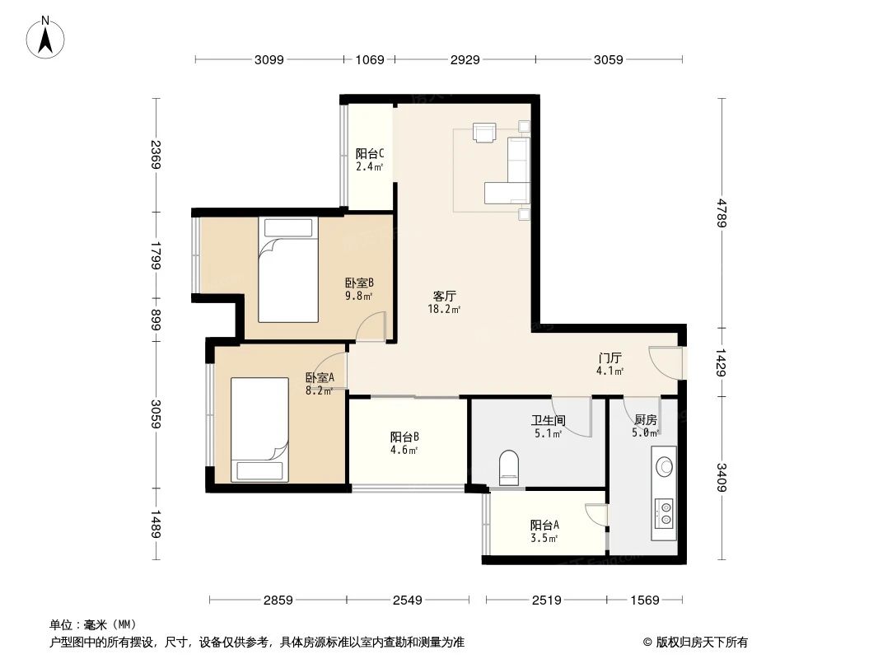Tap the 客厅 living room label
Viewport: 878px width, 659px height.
pos(445,296)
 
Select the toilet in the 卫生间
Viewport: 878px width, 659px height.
pos(511,465)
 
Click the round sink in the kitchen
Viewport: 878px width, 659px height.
pos(663,467)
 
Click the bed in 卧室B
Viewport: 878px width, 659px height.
pos(287,269)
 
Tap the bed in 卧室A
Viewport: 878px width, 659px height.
pos(259,428)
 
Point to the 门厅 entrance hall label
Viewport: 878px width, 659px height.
pos(609,358)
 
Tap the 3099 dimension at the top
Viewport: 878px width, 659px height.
pos(269,59)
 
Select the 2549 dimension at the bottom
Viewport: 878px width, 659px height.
pos(407,601)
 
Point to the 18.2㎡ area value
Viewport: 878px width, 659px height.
pos(443,310)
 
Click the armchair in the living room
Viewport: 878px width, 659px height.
pos(484,132)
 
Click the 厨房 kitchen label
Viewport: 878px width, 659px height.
pos(645,419)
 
